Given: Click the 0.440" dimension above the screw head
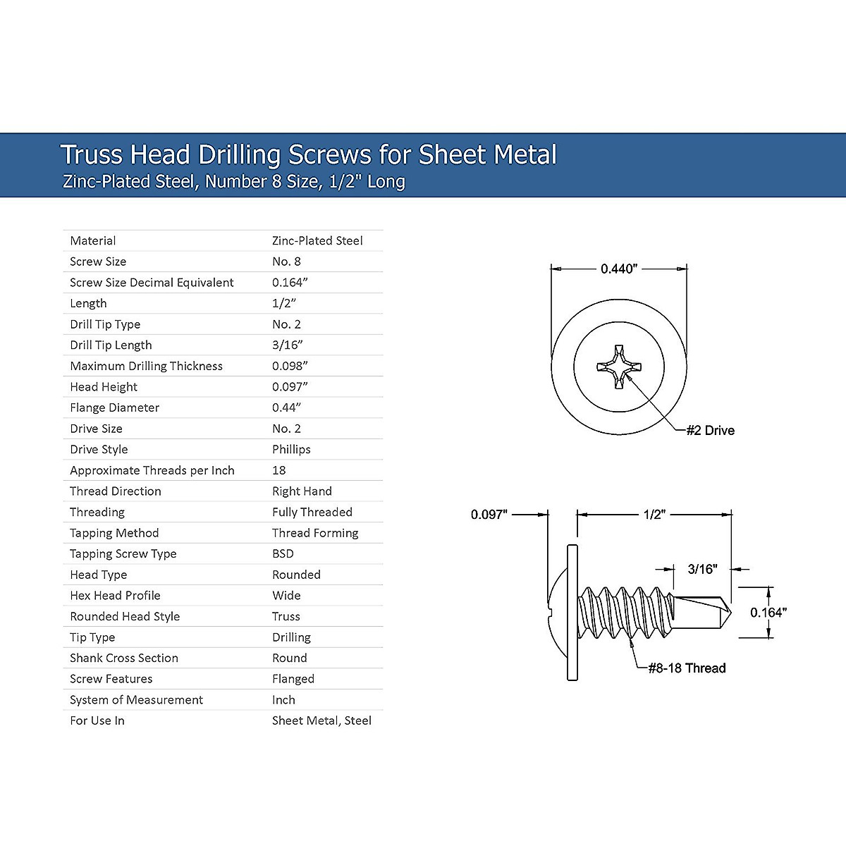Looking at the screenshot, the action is (618, 269).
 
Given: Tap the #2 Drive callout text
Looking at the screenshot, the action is (711, 430).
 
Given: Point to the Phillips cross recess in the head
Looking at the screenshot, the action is (619, 367).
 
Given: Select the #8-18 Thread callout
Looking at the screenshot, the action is (687, 668).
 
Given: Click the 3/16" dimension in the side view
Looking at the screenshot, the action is (702, 569).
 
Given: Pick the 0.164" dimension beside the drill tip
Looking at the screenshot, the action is (768, 613).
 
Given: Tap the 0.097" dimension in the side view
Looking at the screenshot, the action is (489, 514).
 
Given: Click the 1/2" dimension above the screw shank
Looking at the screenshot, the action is (654, 514).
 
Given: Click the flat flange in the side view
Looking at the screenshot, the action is (572, 613).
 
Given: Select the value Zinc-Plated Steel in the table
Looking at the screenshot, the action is (317, 240).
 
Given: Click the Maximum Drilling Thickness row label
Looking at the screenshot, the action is (146, 366).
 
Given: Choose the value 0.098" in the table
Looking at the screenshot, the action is (290, 366).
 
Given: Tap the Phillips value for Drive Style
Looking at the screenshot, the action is (291, 450).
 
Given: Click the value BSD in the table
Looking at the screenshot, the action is (283, 553).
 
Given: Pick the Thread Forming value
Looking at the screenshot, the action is (315, 533).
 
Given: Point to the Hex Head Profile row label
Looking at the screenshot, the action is (115, 595).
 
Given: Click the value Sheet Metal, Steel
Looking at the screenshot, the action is (321, 721).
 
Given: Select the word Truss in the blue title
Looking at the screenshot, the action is (92, 154).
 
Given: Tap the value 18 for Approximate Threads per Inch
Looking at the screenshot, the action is (278, 470).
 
